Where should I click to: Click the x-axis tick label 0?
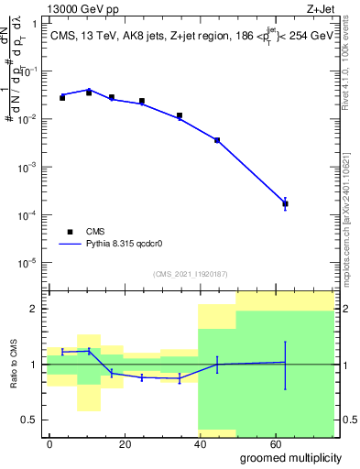coord(49,442)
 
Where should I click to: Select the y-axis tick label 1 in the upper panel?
coord(34,25)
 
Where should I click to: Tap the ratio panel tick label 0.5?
coord(30,420)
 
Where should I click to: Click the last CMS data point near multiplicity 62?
coord(285,203)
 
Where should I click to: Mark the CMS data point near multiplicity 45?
coord(217,140)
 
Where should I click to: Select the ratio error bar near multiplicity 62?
coord(285,365)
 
